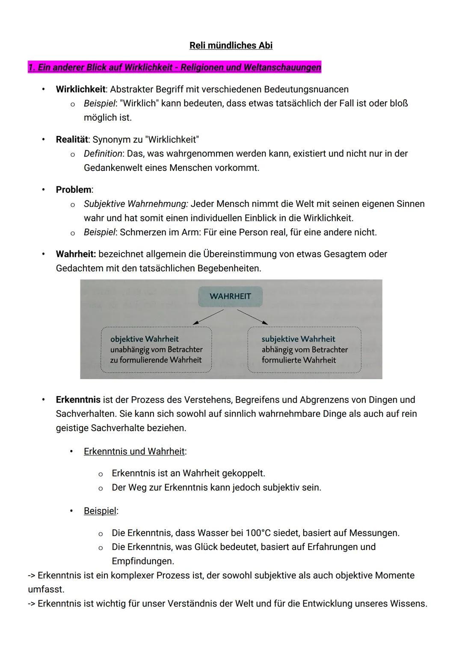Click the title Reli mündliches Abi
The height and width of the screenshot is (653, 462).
pyautogui.click(x=231, y=45)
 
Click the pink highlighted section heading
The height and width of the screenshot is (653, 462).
pyautogui.click(x=175, y=67)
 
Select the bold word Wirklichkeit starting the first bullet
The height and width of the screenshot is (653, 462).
pyautogui.click(x=80, y=89)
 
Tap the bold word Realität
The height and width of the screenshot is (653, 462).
pyautogui.click(x=71, y=139)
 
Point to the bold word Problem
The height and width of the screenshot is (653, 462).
pyautogui.click(x=74, y=189)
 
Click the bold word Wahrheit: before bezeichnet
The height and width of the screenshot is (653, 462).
pyautogui.click(x=76, y=254)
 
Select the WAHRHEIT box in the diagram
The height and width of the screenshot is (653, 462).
pyautogui.click(x=230, y=296)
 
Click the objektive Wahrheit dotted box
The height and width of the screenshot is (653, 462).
pyautogui.click(x=156, y=350)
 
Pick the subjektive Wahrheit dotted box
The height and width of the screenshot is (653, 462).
pyautogui.click(x=304, y=350)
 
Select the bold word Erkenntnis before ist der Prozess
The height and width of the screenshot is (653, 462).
pyautogui.click(x=78, y=400)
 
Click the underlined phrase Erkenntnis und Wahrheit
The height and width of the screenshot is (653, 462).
pyautogui.click(x=135, y=451)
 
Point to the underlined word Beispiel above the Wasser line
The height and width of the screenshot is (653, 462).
pyautogui.click(x=100, y=511)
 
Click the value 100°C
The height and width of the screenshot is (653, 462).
pyautogui.click(x=258, y=533)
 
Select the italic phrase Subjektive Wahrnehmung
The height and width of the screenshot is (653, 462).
pyautogui.click(x=136, y=204)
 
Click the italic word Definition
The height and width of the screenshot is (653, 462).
pyautogui.click(x=103, y=153)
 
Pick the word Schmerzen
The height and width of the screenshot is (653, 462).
pyautogui.click(x=139, y=232)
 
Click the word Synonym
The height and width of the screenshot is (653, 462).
pyautogui.click(x=111, y=139)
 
